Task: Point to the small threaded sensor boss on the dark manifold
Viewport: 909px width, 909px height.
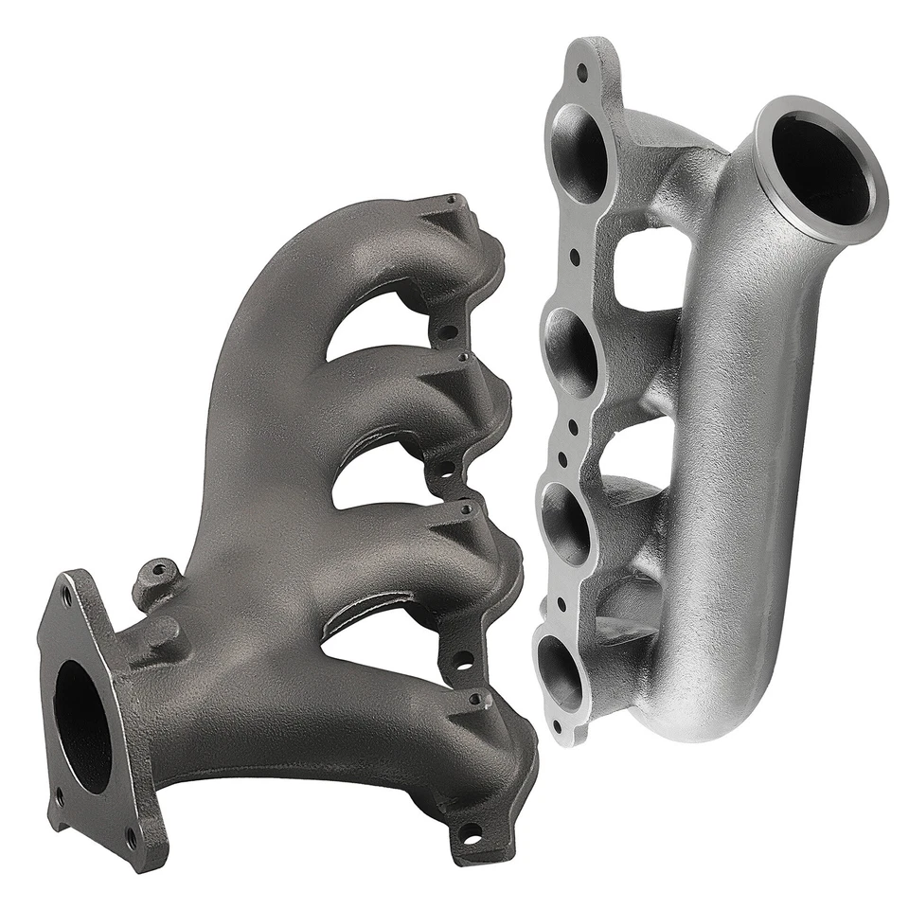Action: pyautogui.click(x=155, y=576)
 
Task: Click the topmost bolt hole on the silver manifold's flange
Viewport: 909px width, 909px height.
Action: pyautogui.click(x=581, y=69)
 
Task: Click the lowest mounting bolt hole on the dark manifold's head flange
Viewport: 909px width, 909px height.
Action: pyautogui.click(x=469, y=833)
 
